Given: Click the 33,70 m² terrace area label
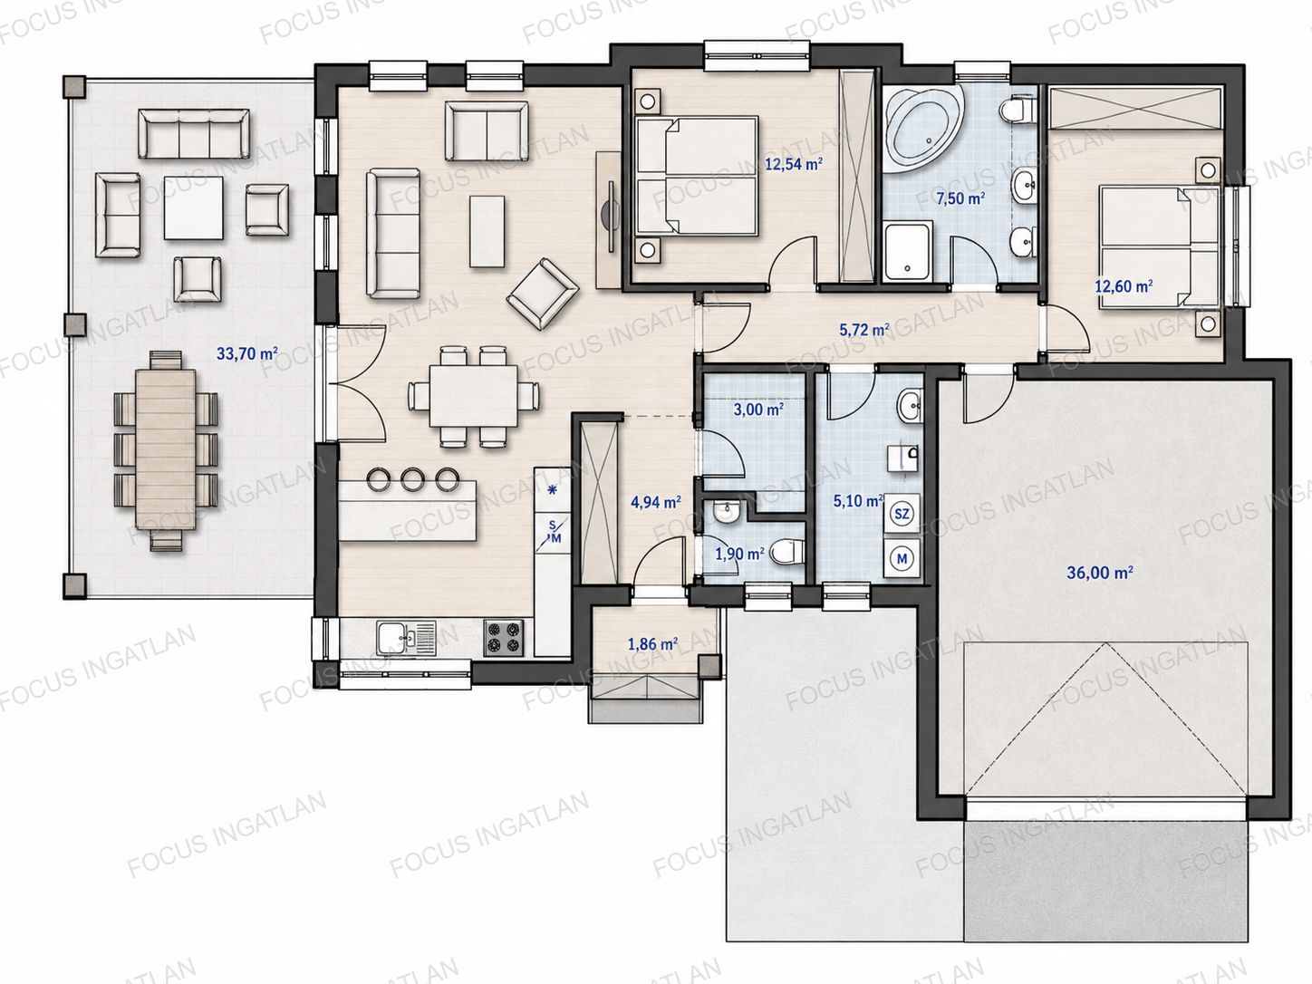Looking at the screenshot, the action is (x=246, y=353).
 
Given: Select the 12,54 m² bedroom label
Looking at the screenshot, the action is (x=795, y=164).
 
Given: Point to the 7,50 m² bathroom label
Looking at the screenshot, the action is (x=960, y=198).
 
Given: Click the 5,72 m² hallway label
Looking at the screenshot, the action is (x=864, y=329).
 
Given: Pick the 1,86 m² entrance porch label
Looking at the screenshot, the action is (x=652, y=644).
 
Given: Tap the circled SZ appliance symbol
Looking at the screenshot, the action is (x=902, y=513).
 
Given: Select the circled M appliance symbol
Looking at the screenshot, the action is (x=902, y=559).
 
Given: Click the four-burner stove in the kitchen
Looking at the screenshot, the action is (x=503, y=638).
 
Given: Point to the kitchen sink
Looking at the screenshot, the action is (x=406, y=638).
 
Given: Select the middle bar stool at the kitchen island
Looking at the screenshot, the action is (x=411, y=479).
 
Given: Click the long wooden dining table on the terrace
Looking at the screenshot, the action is (x=166, y=449).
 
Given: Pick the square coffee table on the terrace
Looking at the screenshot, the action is (x=194, y=207).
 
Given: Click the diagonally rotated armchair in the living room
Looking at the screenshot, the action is (x=542, y=294).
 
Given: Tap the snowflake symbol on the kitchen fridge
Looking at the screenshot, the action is (x=553, y=490).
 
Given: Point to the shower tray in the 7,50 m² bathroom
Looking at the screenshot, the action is (x=909, y=251).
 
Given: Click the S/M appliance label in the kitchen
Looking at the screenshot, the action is (x=553, y=532).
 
